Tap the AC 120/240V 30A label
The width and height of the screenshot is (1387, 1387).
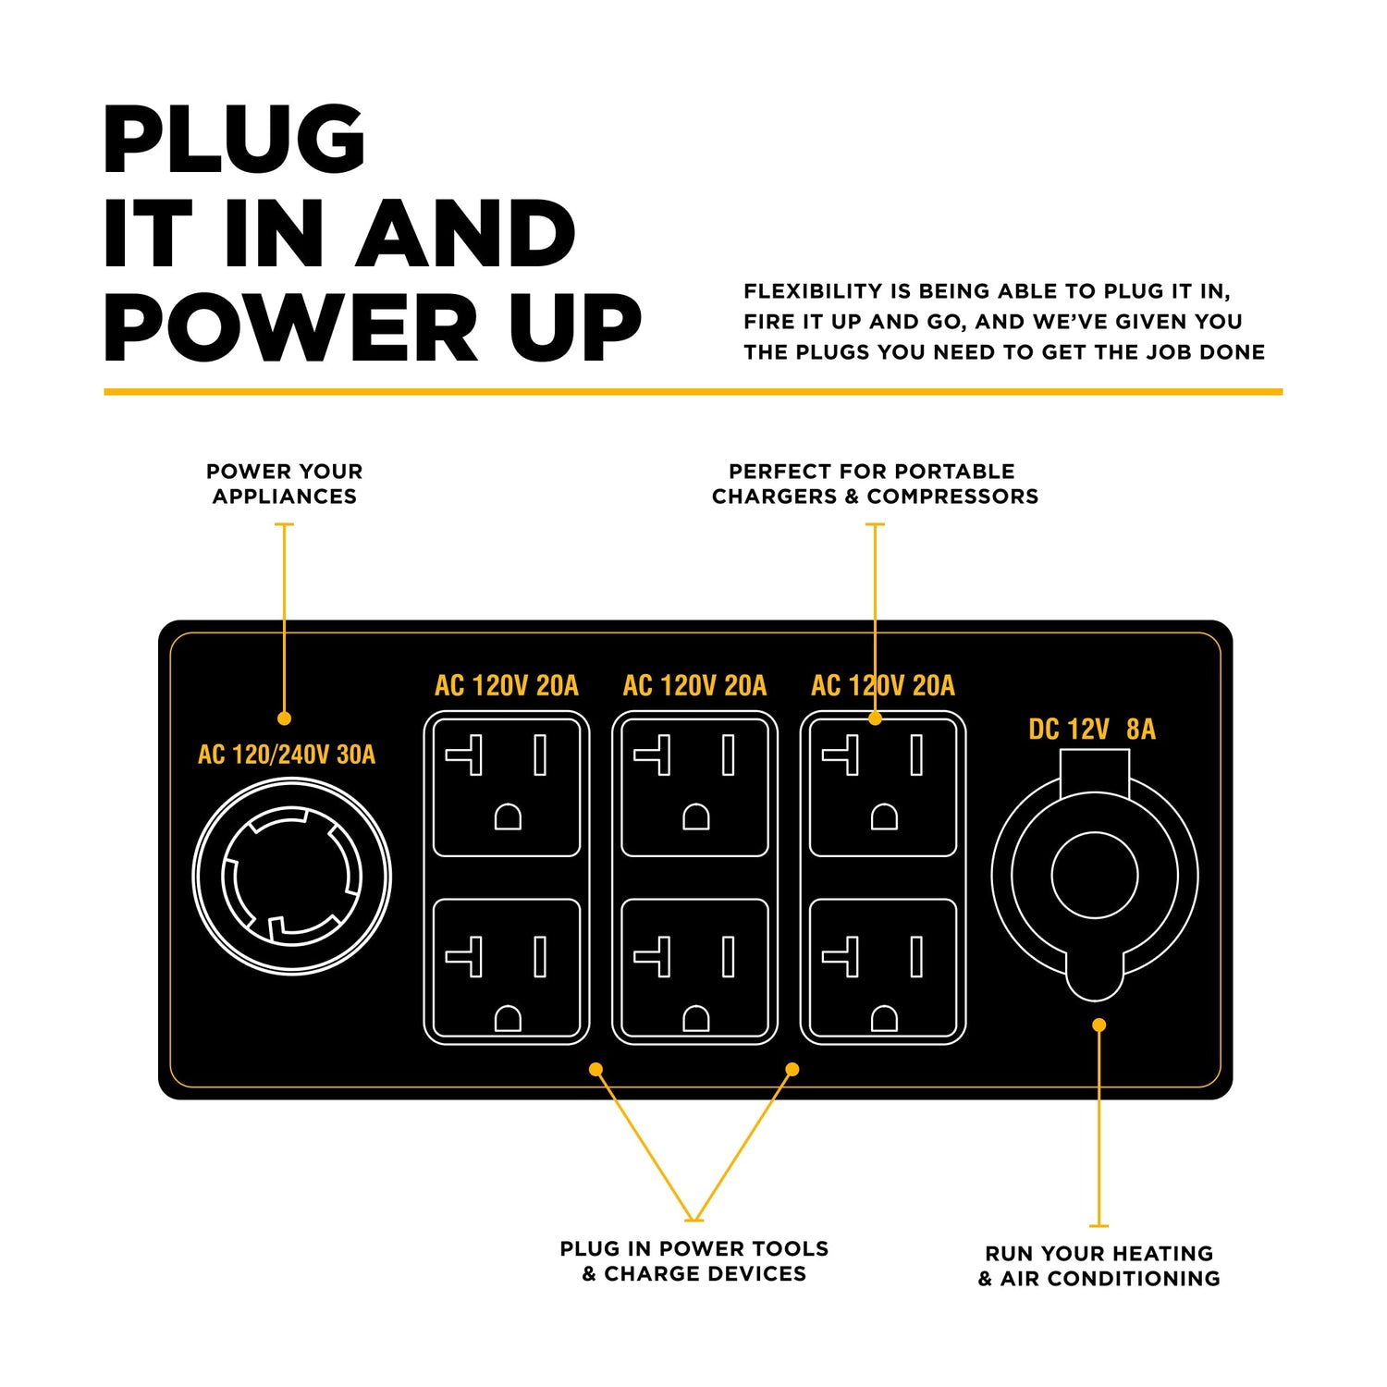(287, 755)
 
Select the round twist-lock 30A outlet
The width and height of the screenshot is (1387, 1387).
(291, 876)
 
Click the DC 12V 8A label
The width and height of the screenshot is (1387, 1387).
(1092, 730)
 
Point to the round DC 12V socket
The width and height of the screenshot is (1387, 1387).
(1095, 875)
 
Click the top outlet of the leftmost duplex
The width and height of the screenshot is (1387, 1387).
(507, 788)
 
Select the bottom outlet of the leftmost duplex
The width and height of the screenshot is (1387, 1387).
(507, 968)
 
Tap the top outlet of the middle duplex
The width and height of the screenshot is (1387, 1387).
(695, 788)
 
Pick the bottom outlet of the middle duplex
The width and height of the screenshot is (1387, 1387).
(695, 968)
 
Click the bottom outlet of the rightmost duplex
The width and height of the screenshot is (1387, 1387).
(883, 968)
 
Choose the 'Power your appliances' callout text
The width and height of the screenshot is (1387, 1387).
(285, 484)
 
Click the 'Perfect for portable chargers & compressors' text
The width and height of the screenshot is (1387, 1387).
(875, 484)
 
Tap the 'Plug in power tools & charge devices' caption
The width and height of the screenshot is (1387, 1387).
(694, 1261)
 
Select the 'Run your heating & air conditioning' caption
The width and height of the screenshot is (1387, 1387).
(1099, 1266)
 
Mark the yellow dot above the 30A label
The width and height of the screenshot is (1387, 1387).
(285, 718)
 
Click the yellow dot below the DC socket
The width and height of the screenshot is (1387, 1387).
(1099, 1025)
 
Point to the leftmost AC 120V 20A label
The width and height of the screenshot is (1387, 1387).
(507, 686)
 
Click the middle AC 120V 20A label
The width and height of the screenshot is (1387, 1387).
(695, 686)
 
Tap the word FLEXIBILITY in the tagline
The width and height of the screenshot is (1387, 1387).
(813, 291)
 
